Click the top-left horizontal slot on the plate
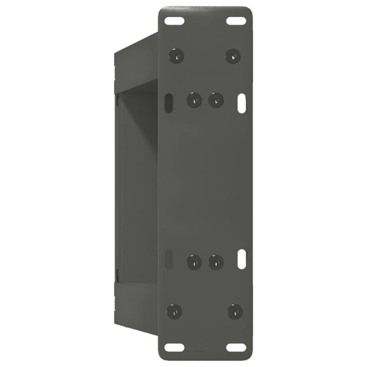point(176,21)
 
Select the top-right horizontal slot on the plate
point(236,21)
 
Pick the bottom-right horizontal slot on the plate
point(236,347)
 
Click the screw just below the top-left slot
point(176,56)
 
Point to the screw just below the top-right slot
point(232,56)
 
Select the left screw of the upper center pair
point(194,100)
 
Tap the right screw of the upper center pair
point(216,100)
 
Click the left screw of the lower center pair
point(194,262)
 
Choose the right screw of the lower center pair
point(216,262)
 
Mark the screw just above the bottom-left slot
point(174,311)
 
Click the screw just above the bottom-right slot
point(235,311)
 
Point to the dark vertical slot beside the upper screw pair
point(168,102)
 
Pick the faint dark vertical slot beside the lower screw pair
point(169,259)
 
